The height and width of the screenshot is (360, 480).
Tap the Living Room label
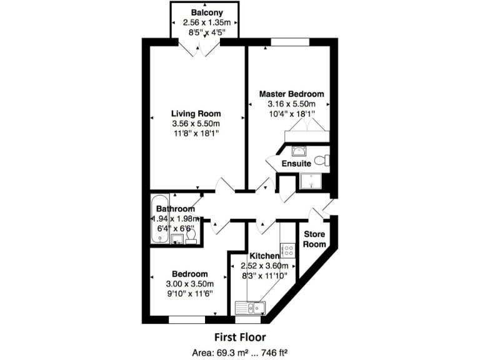coord(197,114)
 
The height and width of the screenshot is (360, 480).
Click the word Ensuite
coord(296,163)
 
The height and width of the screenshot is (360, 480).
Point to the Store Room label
coord(314,239)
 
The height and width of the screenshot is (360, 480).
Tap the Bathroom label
coord(175,209)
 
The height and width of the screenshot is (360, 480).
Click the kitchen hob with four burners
coord(287,251)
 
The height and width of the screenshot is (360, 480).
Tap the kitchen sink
coord(250,307)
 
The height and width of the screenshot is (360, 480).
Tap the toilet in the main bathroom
coord(192,236)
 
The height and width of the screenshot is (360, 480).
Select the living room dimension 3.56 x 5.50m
coord(197,124)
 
